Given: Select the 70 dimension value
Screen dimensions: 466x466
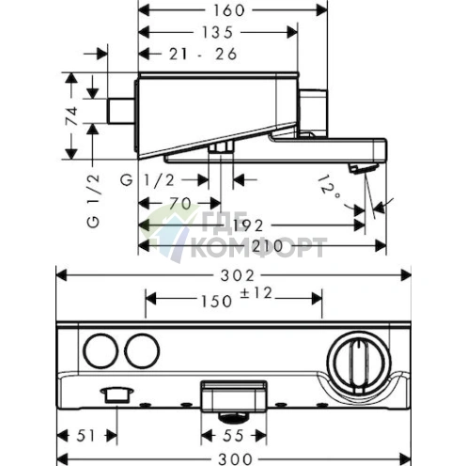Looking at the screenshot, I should [178, 203].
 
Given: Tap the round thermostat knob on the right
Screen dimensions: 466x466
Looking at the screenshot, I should [356, 357].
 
